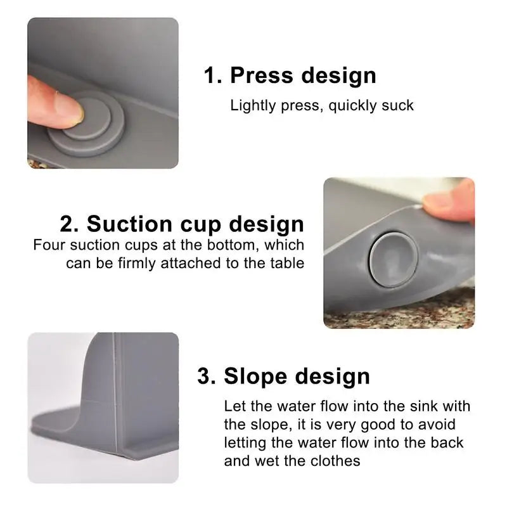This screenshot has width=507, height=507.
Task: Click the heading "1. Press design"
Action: [x=290, y=75]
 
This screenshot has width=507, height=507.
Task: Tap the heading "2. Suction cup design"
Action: [x=182, y=224]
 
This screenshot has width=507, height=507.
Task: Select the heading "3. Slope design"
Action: [x=283, y=376]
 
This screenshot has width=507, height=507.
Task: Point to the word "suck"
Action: [x=397, y=105]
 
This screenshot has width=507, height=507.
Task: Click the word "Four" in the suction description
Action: [x=48, y=245]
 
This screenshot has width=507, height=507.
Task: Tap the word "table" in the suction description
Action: [x=286, y=262]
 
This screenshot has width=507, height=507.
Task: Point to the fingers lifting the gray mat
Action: [x=450, y=202]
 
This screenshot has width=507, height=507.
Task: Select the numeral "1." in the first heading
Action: [x=212, y=75]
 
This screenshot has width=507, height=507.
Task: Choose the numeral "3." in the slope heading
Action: [x=207, y=376]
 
